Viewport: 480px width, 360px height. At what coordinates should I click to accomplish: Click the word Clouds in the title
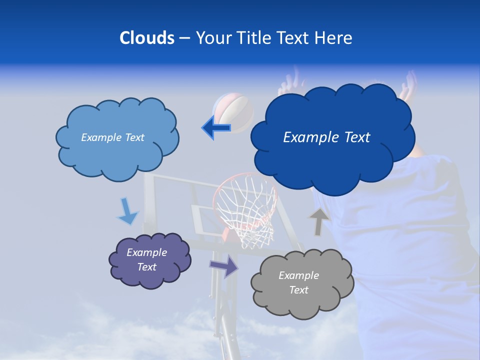click(146, 38)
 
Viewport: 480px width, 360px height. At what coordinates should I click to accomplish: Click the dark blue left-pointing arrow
click(217, 128)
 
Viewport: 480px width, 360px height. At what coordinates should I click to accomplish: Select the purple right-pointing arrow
click(224, 266)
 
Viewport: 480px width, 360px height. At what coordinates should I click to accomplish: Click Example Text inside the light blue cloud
click(112, 137)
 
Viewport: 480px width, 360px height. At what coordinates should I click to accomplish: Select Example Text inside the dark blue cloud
click(326, 137)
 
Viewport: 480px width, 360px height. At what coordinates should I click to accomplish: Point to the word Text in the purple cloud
click(147, 267)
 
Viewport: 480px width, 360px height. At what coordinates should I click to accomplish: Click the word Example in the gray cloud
click(298, 275)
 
